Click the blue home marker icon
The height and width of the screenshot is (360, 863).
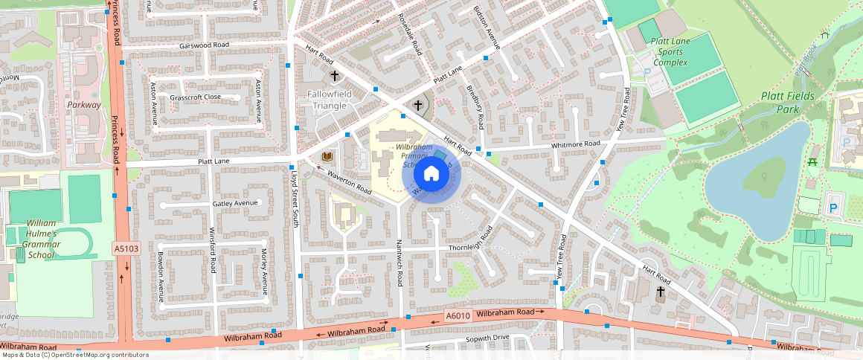(431, 175)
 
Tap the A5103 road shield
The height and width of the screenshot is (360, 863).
(126, 247)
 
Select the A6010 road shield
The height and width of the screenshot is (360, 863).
(458, 316)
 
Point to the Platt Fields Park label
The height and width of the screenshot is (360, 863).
(787, 103)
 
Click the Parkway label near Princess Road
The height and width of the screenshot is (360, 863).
(83, 105)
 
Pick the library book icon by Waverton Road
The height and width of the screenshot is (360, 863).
(327, 156)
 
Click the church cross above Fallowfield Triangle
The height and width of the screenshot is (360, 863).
(335, 76)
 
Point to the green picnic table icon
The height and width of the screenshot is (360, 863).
(812, 161)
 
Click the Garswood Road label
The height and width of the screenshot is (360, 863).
(204, 45)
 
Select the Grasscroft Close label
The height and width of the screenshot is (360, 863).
(195, 97)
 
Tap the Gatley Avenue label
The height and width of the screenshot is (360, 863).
(234, 203)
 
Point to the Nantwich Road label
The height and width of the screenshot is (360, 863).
(400, 269)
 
